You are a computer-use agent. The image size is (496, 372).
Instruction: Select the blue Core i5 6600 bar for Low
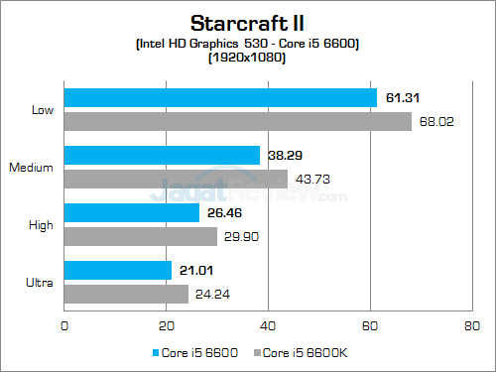pos(220,97)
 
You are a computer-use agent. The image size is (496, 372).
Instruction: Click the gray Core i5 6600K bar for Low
pos(238,122)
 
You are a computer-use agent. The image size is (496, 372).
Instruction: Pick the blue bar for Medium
pos(162,155)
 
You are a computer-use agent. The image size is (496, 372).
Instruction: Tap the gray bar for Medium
pos(176,180)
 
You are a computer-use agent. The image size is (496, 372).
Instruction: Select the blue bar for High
pos(132,212)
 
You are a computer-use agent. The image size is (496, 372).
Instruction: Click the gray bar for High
pos(141,236)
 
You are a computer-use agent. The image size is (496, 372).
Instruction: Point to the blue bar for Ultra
pos(118,270)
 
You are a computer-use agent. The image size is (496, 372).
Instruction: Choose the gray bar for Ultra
pos(126,294)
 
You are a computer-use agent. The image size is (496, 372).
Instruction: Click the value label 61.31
pos(402,97)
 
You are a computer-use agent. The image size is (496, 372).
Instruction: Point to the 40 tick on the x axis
pos(267,323)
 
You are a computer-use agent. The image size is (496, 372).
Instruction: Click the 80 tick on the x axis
pos(470,323)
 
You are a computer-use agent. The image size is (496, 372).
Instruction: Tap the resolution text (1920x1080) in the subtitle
pos(247,58)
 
